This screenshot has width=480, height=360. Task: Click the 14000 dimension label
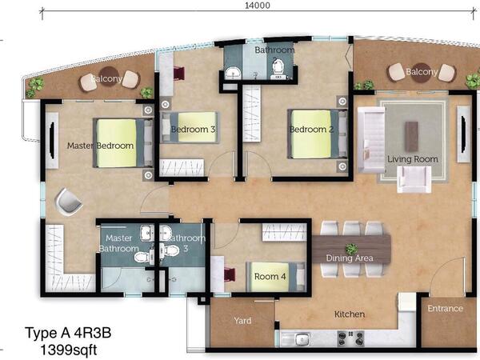[x=257, y=6]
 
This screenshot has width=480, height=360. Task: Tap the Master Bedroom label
[x=101, y=146]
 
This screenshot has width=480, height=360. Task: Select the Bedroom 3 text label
[x=193, y=130]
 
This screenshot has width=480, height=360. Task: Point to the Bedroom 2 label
[x=312, y=130]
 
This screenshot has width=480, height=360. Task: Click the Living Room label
[x=413, y=159]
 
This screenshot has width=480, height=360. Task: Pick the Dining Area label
[x=350, y=258]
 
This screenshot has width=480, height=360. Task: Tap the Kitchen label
[x=350, y=314]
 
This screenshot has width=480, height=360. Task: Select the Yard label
[x=242, y=321]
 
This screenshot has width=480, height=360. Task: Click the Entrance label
[x=445, y=308]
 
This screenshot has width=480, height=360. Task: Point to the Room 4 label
[x=270, y=277]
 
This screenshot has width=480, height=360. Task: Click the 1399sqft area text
[x=69, y=350]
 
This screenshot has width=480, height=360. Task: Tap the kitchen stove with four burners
[x=350, y=338]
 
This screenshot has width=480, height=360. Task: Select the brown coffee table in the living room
[x=411, y=137]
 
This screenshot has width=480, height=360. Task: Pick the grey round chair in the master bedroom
[x=68, y=202]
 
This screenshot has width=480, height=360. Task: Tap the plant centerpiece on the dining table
[x=351, y=249]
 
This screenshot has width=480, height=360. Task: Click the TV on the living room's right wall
[x=464, y=134]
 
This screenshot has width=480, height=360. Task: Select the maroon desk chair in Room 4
[x=230, y=274]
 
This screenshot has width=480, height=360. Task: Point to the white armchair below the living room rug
[x=414, y=179]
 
